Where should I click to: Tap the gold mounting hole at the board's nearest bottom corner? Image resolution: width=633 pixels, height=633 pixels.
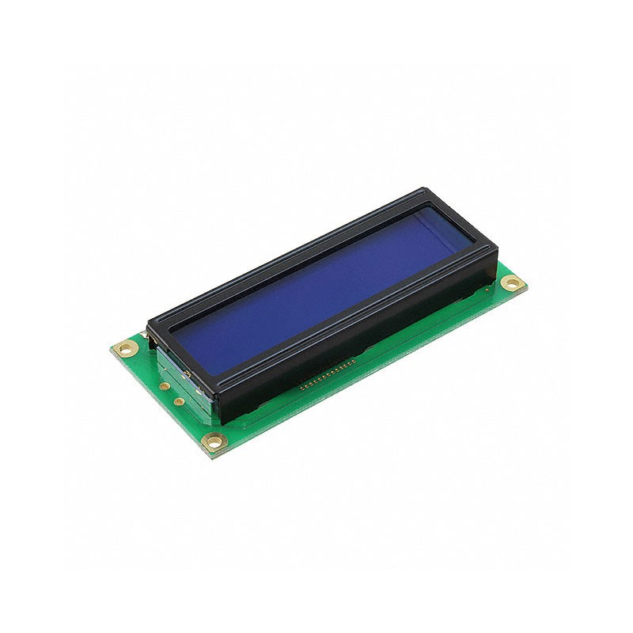211,442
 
